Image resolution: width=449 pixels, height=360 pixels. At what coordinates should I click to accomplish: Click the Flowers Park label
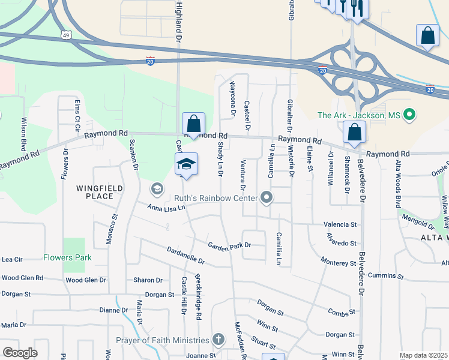[67, 258]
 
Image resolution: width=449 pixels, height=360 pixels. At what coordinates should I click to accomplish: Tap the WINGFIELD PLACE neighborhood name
[100, 192]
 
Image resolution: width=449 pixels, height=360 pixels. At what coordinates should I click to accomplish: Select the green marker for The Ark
[410, 114]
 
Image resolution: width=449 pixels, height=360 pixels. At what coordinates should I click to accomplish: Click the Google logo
[20, 353]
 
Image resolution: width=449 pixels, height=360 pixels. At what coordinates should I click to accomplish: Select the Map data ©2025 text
[423, 355]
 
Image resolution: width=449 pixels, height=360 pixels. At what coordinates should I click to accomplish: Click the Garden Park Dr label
[229, 245]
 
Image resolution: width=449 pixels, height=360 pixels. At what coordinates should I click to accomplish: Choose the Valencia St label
[340, 224]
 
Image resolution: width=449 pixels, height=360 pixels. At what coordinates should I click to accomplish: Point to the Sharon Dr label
[148, 280]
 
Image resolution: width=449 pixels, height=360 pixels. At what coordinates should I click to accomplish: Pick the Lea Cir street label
[12, 260]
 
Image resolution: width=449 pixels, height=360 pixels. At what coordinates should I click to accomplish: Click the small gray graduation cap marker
[157, 189]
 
